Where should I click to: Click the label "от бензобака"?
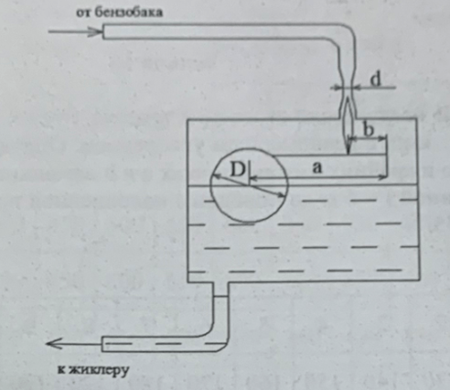pyautogui.click(x=119, y=13)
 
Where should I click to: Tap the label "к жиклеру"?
pyautogui.click(x=93, y=371)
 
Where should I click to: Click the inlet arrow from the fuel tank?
pyautogui.click(x=75, y=31)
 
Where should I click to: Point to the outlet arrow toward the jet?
pyautogui.click(x=73, y=343)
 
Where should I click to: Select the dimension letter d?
pyautogui.click(x=376, y=80)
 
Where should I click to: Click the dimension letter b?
pyautogui.click(x=369, y=130)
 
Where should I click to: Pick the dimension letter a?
pyautogui.click(x=317, y=168)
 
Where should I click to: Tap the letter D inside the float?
pyautogui.click(x=238, y=169)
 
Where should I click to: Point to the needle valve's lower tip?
pyautogui.click(x=348, y=154)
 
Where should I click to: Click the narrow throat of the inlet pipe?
pyautogui.click(x=347, y=87)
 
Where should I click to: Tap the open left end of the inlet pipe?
pyautogui.click(x=103, y=31)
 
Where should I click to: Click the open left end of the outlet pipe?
pyautogui.click(x=102, y=344)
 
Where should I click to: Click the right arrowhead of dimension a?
pyautogui.click(x=382, y=177)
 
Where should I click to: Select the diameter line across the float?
pyautogui.click(x=249, y=185)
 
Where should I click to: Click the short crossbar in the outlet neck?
pyautogui.click(x=220, y=296)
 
